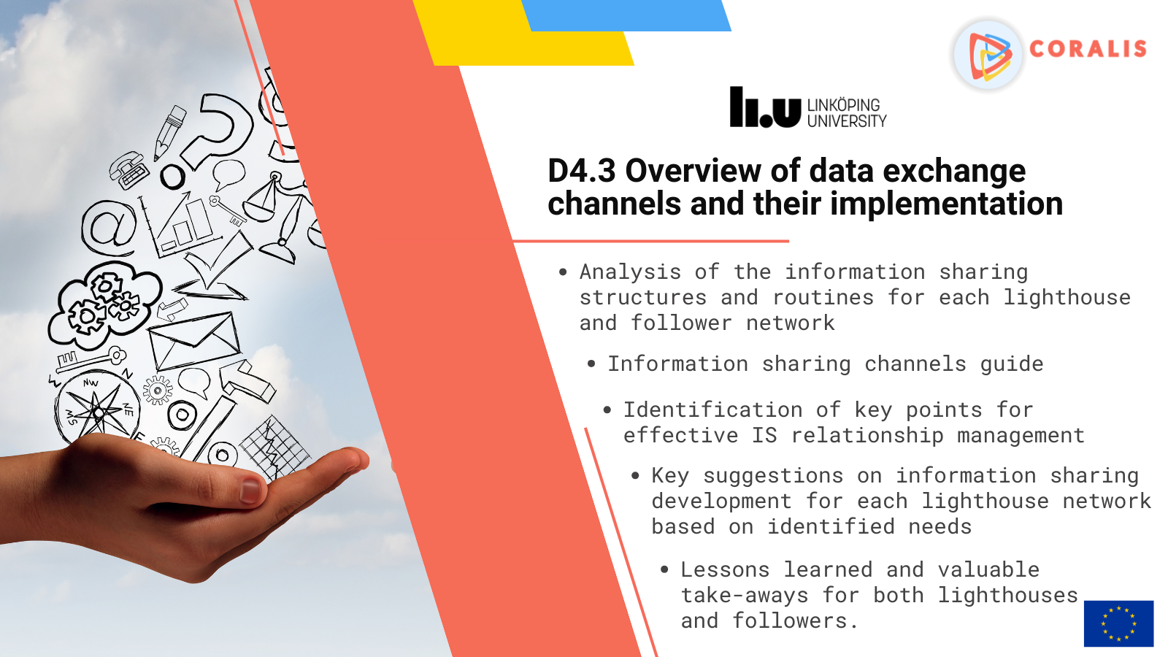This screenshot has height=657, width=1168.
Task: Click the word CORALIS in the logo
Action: pyautogui.click(x=1088, y=49)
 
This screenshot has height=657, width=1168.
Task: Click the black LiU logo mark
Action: pyautogui.click(x=765, y=107)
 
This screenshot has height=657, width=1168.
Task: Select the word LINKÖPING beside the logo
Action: pyautogui.click(x=844, y=105)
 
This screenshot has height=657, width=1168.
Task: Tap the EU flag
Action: pyautogui.click(x=1118, y=623)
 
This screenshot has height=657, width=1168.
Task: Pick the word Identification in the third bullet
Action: pyautogui.click(x=712, y=410)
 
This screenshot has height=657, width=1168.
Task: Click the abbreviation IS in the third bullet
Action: pyautogui.click(x=764, y=435)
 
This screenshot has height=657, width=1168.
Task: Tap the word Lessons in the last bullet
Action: pyautogui.click(x=725, y=569)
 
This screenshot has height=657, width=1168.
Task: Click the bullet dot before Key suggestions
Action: pyautogui.click(x=635, y=475)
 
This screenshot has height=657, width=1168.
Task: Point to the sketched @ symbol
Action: pyautogui.click(x=109, y=228)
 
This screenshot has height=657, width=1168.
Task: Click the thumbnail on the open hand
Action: pyautogui.click(x=250, y=491)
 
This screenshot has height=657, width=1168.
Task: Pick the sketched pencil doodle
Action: pyautogui.click(x=169, y=133)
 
